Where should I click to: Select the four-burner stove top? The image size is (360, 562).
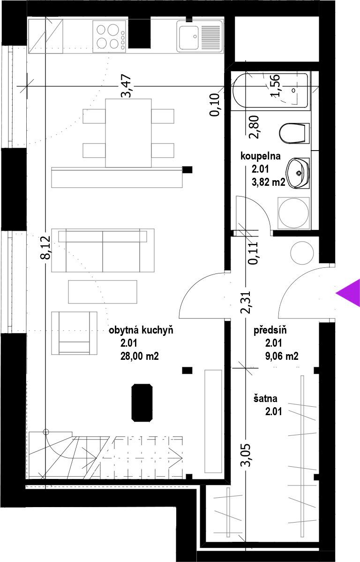[x=110, y=36]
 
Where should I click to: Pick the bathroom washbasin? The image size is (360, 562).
[x=298, y=173]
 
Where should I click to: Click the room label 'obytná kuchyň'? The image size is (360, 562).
[x=141, y=330]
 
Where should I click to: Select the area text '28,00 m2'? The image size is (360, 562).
[x=140, y=356]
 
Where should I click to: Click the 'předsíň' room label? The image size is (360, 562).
[x=270, y=330]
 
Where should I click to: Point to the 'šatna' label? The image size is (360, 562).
[x=265, y=398]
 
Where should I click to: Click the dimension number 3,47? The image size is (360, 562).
[x=127, y=86]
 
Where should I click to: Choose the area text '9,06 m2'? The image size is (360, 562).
[x=282, y=356]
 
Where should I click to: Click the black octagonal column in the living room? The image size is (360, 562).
[x=142, y=402]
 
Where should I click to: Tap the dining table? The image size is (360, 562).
[x=128, y=133]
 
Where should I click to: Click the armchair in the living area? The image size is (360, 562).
[x=74, y=333]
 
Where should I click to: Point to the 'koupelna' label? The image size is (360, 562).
[x=261, y=156]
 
